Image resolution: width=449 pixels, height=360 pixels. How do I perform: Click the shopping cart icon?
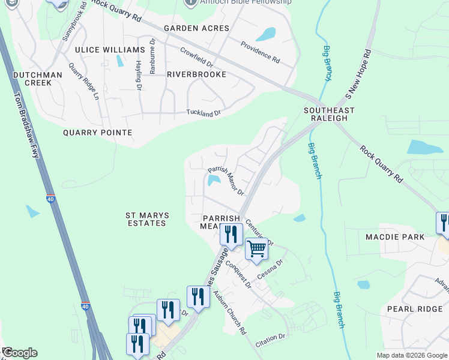[256, 248]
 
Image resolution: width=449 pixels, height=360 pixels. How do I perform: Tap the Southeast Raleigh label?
[328, 115]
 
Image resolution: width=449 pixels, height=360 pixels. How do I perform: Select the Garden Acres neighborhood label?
[197, 28]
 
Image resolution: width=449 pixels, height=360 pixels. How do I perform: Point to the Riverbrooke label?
[196, 74]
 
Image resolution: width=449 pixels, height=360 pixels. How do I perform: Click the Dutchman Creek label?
[37, 79]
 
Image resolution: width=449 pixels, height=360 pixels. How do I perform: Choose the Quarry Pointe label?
[97, 132]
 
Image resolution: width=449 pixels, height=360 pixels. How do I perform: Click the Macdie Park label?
[395, 237]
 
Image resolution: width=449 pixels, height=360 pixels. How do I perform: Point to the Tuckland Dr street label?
[203, 112]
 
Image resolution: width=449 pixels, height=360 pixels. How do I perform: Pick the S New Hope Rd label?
[359, 74]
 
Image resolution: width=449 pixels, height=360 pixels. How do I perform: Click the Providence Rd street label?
[261, 52]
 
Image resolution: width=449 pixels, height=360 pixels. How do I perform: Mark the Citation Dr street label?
[270, 340]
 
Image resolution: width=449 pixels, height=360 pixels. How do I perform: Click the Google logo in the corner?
[20, 353]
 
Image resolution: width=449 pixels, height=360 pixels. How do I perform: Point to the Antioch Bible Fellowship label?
[246, 2]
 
